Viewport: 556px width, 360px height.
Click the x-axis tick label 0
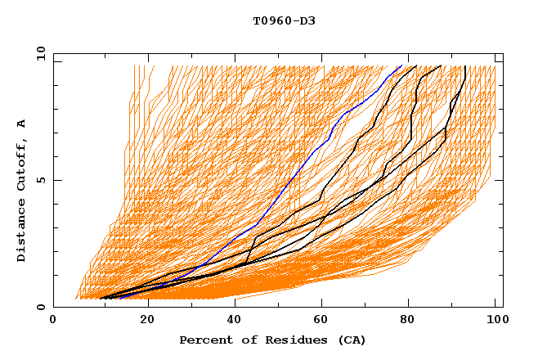pos(53,320)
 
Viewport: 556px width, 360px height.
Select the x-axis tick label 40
pos(235,320)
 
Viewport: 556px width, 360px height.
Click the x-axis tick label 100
pos(495,320)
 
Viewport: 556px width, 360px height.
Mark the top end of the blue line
pos(401,65)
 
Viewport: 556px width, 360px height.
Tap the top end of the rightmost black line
pos(465,65)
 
